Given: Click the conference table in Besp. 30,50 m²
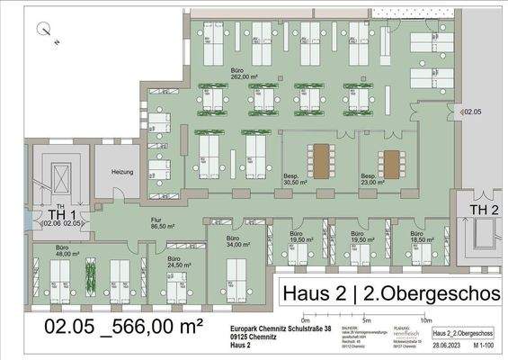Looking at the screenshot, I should (x=320, y=162).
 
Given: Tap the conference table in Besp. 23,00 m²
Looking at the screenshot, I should (x=390, y=163).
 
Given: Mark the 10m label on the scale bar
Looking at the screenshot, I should (x=425, y=319).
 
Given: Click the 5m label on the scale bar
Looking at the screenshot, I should (x=365, y=319).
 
